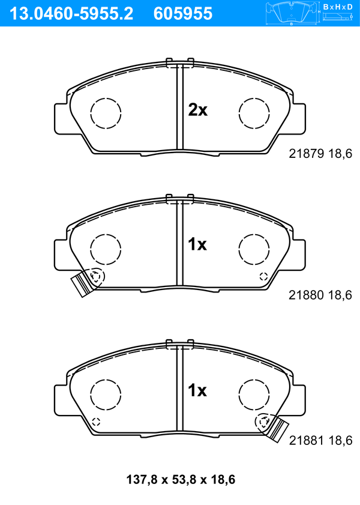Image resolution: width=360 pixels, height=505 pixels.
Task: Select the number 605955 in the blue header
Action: pyautogui.click(x=183, y=14)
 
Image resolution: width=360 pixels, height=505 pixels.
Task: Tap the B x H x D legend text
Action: pyautogui.click(x=338, y=7)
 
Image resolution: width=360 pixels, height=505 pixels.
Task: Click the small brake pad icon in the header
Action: pyautogui.click(x=291, y=13)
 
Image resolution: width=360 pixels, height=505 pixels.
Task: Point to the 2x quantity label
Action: pyautogui.click(x=197, y=110)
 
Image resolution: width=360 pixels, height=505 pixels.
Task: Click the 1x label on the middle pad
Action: pyautogui.click(x=197, y=244)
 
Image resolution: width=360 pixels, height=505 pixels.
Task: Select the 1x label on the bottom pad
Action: pyautogui.click(x=197, y=390)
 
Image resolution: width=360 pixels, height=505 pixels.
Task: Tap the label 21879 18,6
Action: pyautogui.click(x=320, y=154)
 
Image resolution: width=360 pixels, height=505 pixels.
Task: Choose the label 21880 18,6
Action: pyautogui.click(x=320, y=295)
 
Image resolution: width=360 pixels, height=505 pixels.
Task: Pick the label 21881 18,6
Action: pyautogui.click(x=321, y=440)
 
